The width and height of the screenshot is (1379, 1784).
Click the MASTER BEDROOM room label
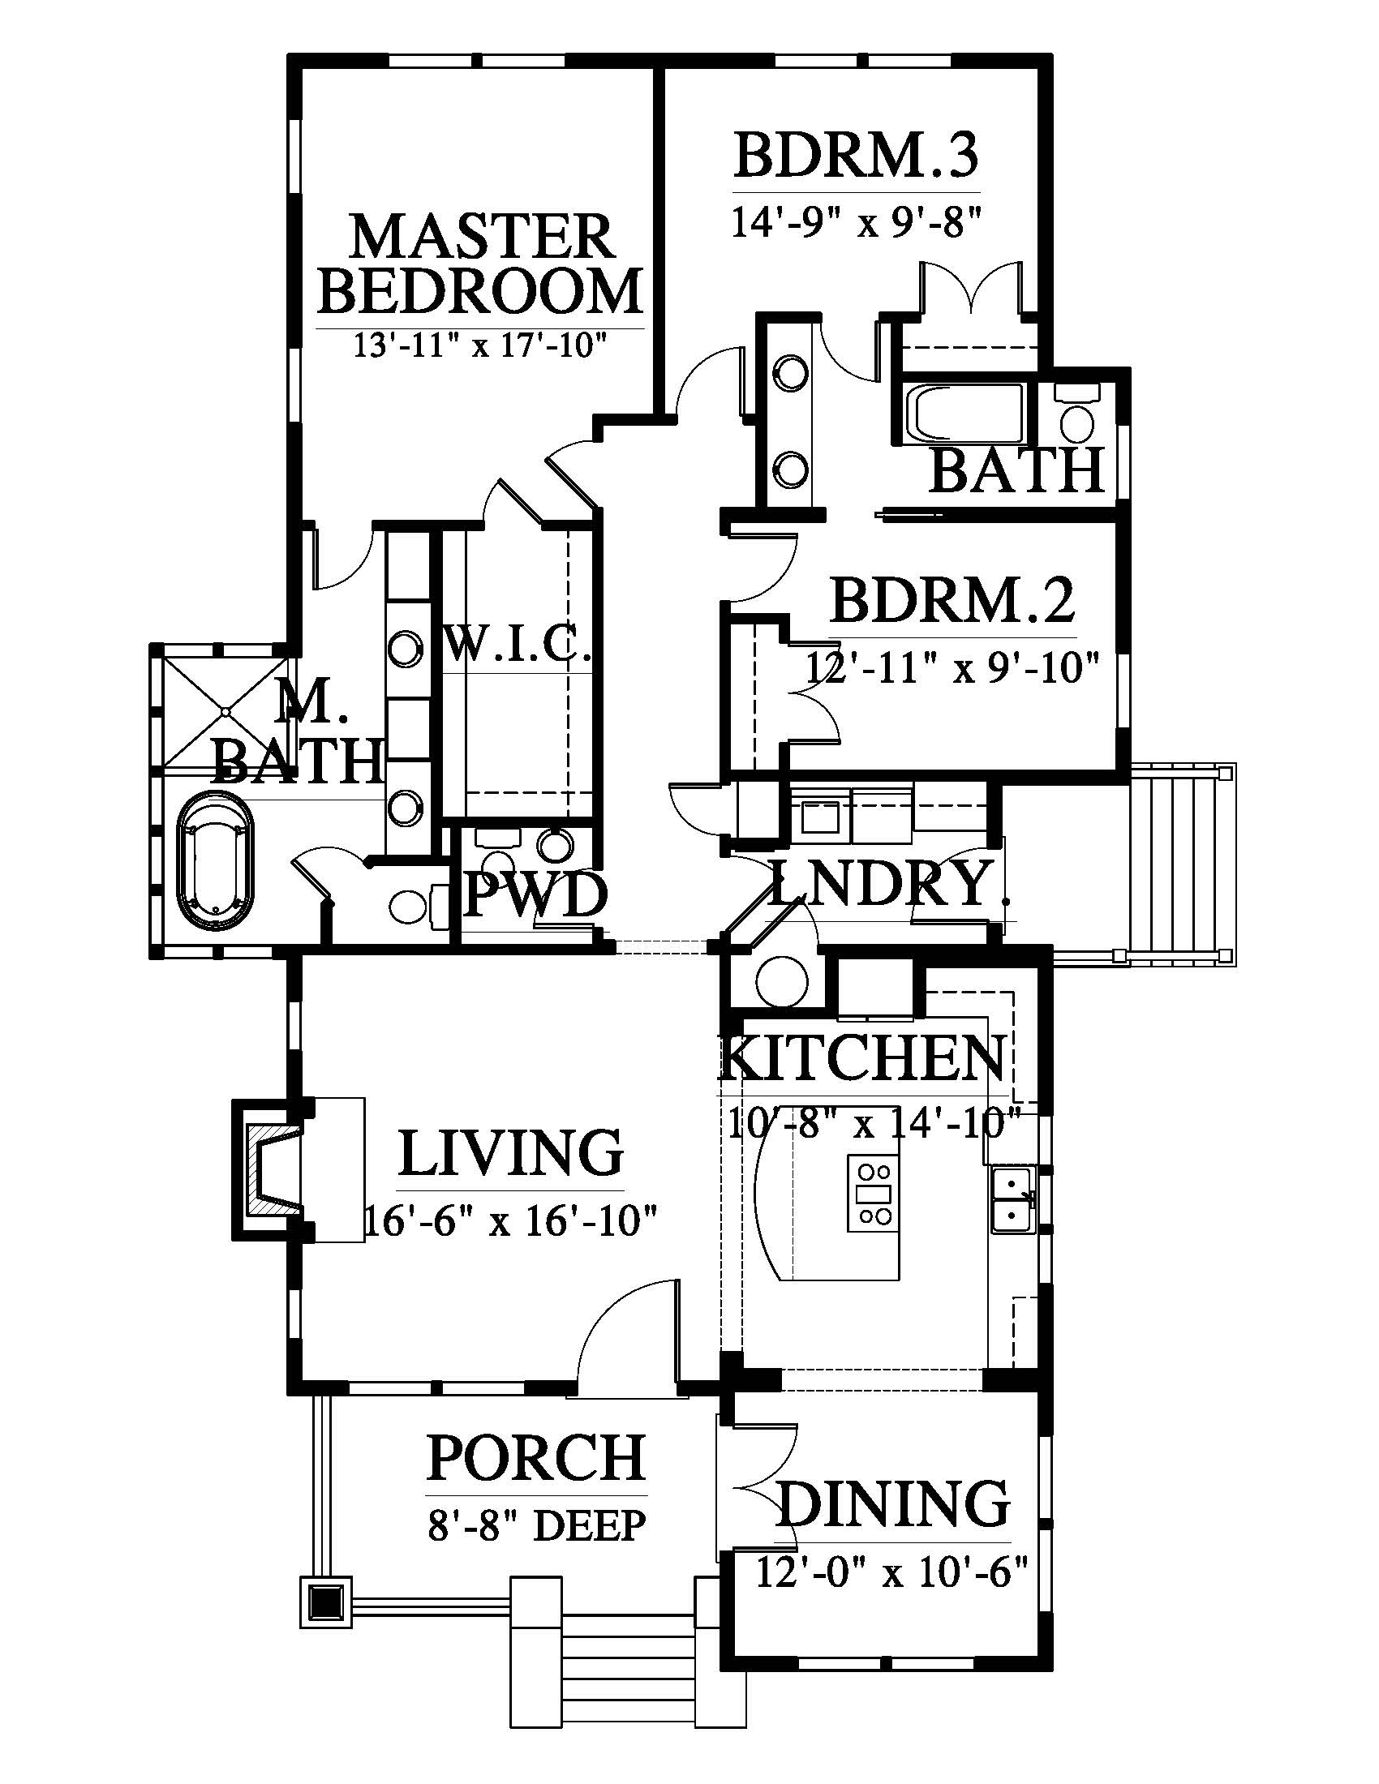point(480,264)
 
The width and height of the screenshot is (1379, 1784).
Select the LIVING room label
point(510,1152)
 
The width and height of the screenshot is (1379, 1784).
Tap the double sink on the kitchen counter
point(1014,1199)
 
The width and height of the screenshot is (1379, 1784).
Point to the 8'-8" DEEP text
point(537,1524)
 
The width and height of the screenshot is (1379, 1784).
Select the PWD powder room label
point(535,894)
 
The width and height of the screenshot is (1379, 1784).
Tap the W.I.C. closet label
point(519,645)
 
